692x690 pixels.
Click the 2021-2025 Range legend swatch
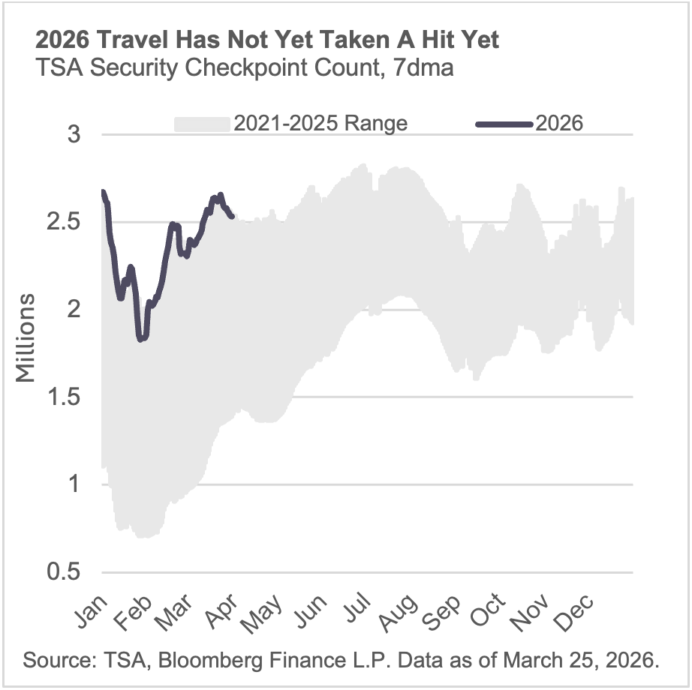pyautogui.click(x=201, y=124)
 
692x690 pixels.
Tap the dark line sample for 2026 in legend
pyautogui.click(x=504, y=124)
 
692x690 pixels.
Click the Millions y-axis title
pyautogui.click(x=27, y=337)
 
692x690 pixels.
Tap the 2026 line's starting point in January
pyautogui.click(x=102, y=192)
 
